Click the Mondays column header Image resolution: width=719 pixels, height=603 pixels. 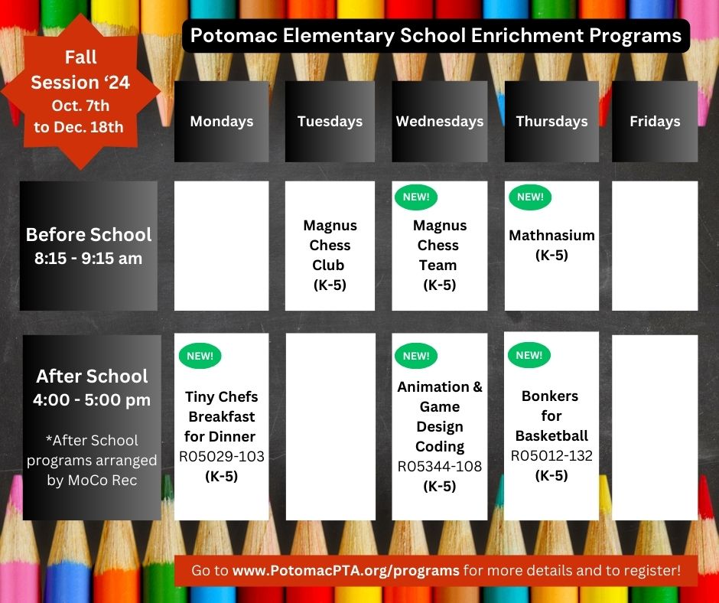tap(222, 121)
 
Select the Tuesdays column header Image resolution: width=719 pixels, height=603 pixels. tap(330, 121)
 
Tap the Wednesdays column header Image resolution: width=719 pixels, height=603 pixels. tap(440, 121)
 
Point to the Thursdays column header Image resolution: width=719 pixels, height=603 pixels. tap(551, 121)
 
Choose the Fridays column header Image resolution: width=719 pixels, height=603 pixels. tap(655, 121)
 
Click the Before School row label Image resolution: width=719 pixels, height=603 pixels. tap(89, 246)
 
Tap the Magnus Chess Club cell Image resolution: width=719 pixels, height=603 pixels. tap(329, 255)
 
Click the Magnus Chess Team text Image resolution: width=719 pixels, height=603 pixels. tap(439, 255)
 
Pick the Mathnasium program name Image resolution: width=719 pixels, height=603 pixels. tap(551, 236)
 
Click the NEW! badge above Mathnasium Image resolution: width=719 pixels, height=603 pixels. tap(530, 197)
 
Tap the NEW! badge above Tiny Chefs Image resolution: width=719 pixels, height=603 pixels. tap(200, 356)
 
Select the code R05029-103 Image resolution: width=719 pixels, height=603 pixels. tap(222, 457)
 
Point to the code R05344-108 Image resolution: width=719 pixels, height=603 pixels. tap(440, 466)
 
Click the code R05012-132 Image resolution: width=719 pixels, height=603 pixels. tap(551, 456)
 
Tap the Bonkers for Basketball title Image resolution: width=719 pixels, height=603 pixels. tap(551, 416)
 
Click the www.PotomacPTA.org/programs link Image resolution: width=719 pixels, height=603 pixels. tap(346, 571)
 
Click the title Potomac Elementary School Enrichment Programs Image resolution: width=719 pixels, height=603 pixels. tap(435, 36)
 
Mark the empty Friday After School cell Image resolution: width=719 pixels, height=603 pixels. tap(655, 427)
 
